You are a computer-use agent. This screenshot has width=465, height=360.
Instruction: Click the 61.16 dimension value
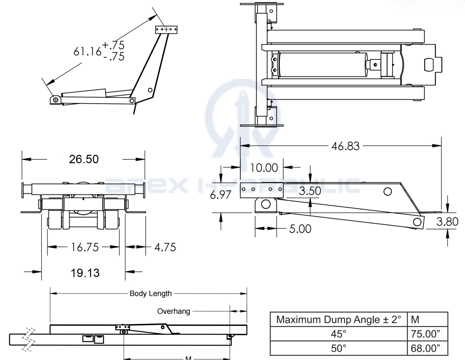point(87,51)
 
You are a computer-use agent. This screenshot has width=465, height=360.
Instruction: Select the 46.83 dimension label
point(345,146)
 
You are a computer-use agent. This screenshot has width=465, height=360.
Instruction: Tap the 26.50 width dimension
point(84,159)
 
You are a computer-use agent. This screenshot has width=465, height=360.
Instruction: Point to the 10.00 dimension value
point(264,168)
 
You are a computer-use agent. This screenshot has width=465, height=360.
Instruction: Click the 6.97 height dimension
point(220,195)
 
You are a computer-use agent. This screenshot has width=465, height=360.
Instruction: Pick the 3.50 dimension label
point(310,191)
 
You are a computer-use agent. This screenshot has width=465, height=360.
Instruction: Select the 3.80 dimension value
point(447,222)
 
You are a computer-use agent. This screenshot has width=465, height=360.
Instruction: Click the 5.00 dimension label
point(300,229)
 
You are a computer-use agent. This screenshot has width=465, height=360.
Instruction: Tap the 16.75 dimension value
point(85,247)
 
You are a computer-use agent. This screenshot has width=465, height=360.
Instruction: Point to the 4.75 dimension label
point(165,247)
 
